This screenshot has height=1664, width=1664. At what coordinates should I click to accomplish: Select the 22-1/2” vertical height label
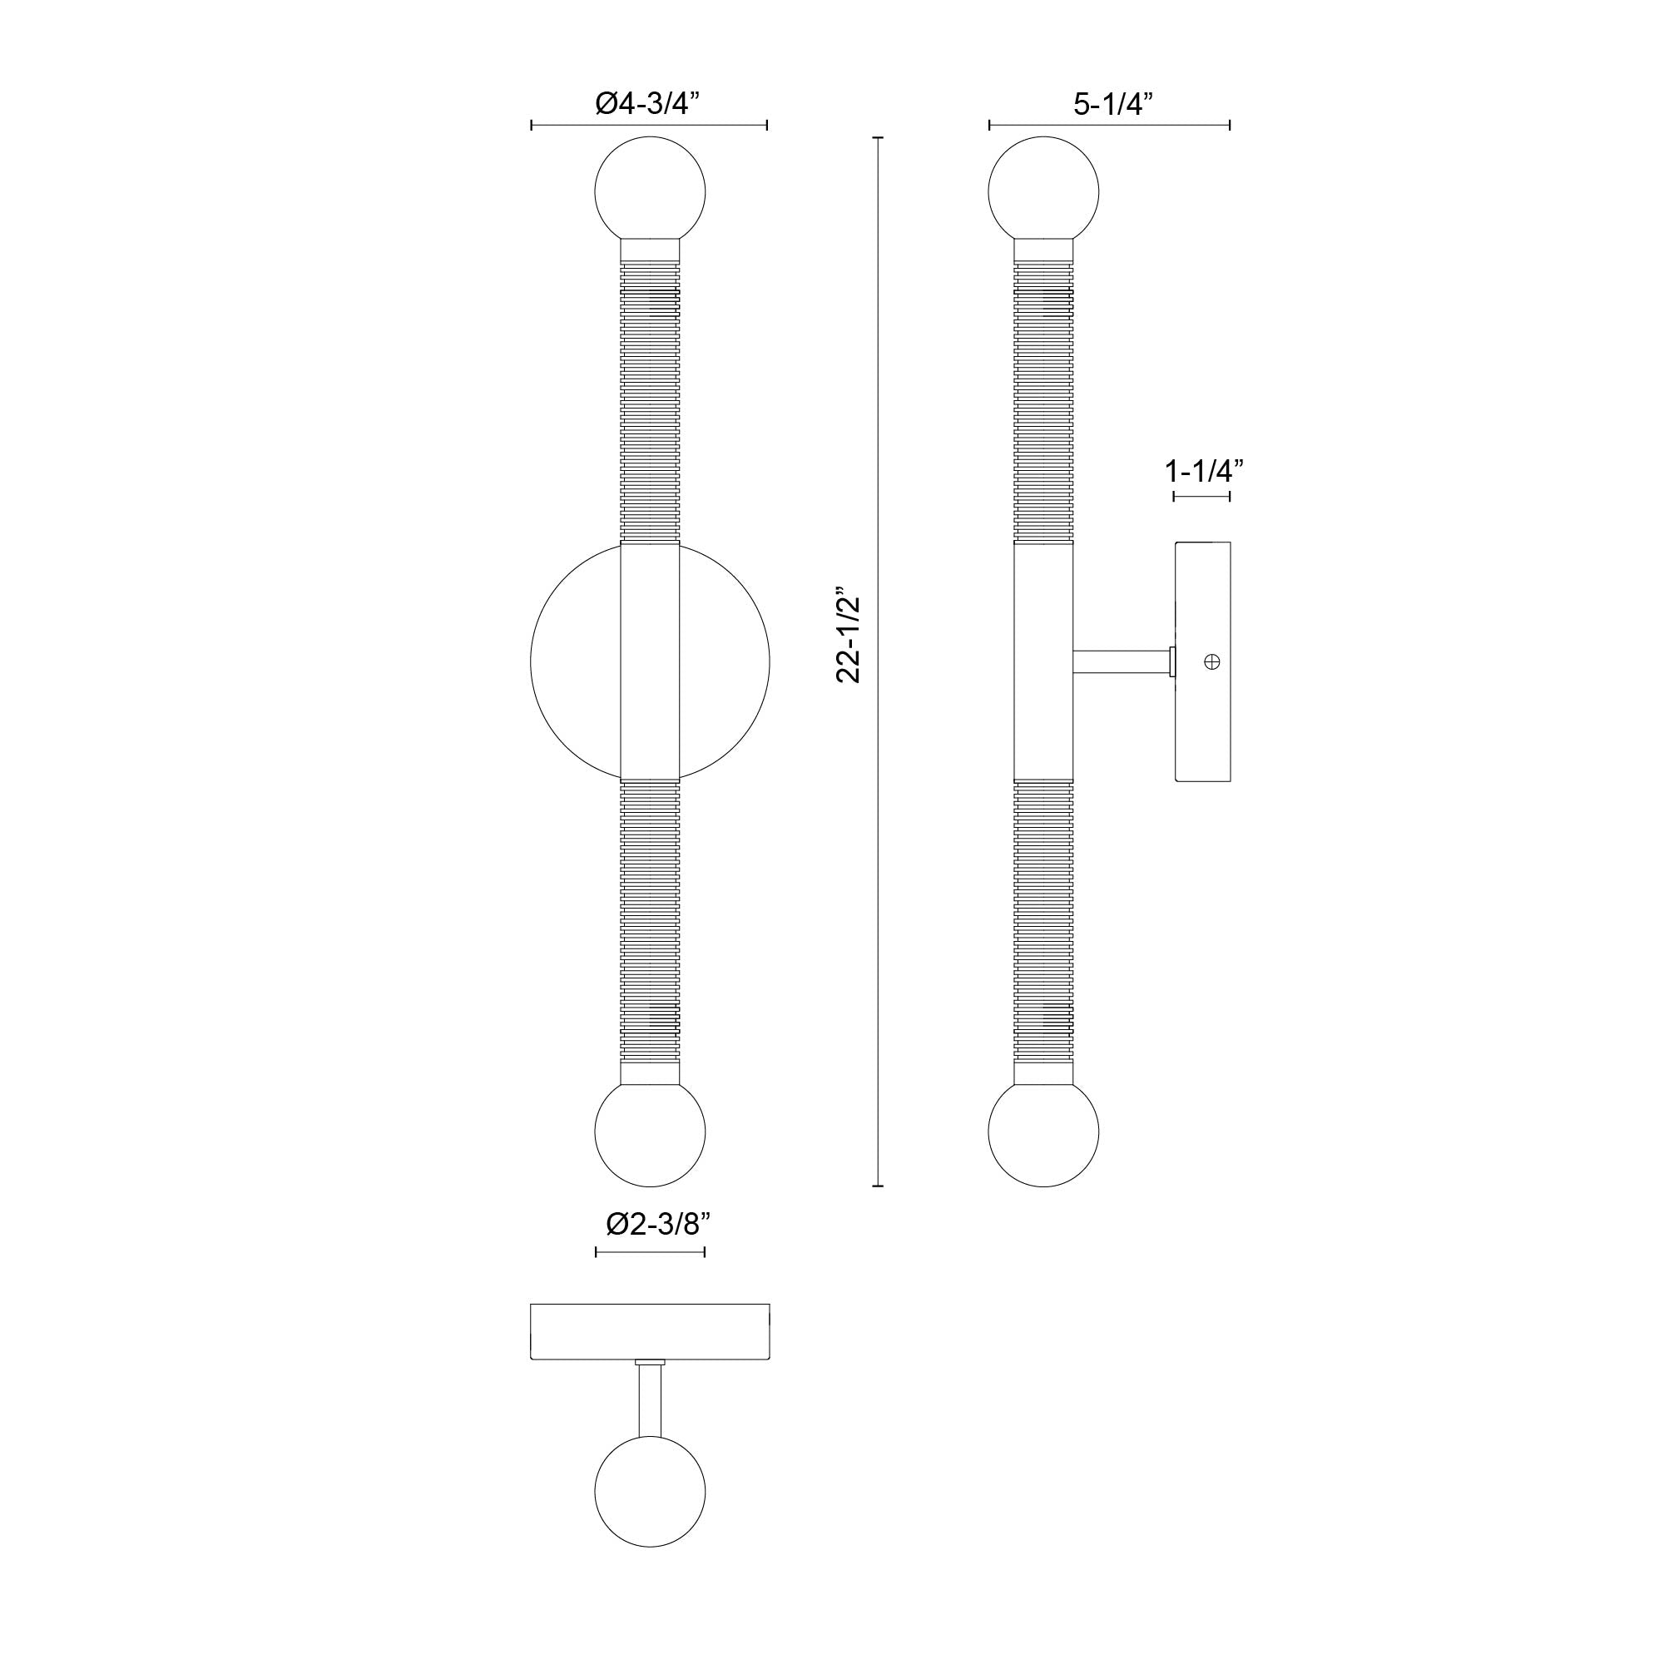pos(849,635)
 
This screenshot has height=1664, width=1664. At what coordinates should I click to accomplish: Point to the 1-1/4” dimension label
pos(1203,471)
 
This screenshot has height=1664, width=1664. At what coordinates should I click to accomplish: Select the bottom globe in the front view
pos(651,1131)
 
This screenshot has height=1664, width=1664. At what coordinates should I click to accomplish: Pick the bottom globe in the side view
pos(1043,1131)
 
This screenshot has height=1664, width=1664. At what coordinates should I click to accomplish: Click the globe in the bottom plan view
pos(651,1492)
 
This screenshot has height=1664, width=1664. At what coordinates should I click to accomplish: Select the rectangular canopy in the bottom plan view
pos(651,1331)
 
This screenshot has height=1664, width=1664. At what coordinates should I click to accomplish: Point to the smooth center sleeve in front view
pos(651,661)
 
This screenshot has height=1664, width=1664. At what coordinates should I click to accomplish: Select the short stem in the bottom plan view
pos(651,1400)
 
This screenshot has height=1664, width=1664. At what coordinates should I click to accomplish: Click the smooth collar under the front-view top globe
pos(651,250)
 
